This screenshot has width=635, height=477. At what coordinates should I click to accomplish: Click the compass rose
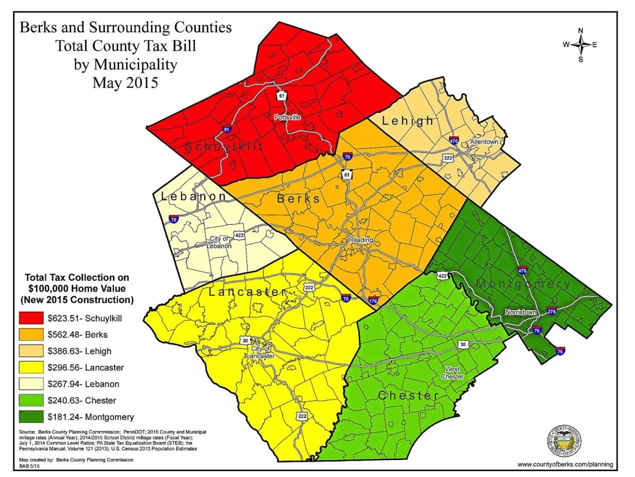pos(580,45)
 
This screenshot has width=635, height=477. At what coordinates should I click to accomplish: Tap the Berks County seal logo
pos(566,439)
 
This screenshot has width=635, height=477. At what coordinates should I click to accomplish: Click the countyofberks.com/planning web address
pos(565,464)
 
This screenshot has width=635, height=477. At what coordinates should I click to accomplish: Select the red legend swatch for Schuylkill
pos(31,319)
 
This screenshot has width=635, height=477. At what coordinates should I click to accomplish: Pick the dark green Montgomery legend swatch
pos(31,417)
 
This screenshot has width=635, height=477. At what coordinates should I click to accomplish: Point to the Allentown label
pos(484,142)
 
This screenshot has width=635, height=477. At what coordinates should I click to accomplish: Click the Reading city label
pos(360,240)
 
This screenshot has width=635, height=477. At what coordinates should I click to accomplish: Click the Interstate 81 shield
pos(226,129)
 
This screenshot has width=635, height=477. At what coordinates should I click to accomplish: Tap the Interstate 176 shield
pos(373,301)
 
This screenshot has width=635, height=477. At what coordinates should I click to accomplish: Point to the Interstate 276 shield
pos(551,311)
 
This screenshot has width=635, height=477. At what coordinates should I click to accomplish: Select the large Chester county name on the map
pos(408,395)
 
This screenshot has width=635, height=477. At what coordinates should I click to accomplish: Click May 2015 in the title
pos(125,83)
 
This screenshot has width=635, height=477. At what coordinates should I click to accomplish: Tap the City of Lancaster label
pos(260,352)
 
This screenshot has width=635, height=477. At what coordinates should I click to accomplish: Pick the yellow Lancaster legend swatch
pos(31,367)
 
